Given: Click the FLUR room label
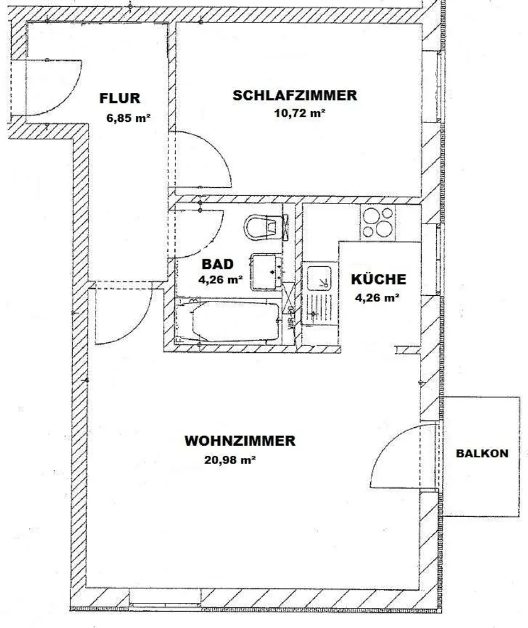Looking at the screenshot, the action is (120, 98).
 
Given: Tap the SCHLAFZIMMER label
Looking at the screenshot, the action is (295, 95).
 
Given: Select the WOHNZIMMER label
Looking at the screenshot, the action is (239, 441).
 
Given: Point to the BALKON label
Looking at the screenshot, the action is (482, 453).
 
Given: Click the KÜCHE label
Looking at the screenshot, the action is (378, 279).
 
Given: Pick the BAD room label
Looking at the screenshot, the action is (217, 264).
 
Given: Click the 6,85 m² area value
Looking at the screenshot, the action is (128, 118).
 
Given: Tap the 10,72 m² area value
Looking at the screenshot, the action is (299, 113).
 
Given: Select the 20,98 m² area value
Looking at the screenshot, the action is (230, 460).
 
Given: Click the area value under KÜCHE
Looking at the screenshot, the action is (377, 298).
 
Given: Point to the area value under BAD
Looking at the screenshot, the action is (221, 279).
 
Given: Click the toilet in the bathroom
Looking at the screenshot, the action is (267, 227).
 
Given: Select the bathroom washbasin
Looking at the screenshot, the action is (267, 272).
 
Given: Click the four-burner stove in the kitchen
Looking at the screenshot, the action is (377, 222).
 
